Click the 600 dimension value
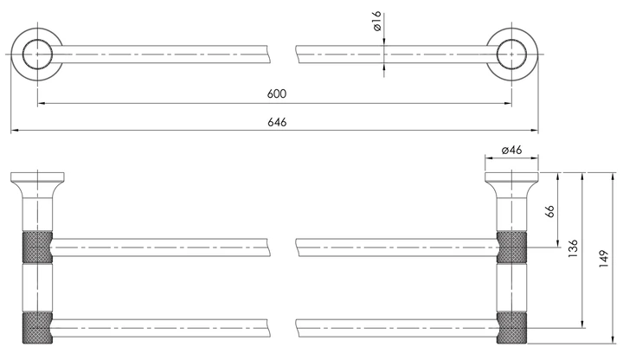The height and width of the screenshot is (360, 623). click(x=277, y=93)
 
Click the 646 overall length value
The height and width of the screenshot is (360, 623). click(x=277, y=122)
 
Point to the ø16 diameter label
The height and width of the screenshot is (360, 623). click(x=376, y=22)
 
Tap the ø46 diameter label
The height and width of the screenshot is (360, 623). click(x=511, y=150)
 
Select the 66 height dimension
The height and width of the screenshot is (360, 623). click(x=550, y=211)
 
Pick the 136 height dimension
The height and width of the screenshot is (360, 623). click(x=573, y=248)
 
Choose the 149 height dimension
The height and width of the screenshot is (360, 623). click(x=604, y=258)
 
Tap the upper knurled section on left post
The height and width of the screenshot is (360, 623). click(x=37, y=247)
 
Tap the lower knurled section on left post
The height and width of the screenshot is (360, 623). click(x=37, y=328)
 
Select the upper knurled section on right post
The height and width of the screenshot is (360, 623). click(x=511, y=247)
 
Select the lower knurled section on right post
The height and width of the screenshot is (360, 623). click(x=511, y=328)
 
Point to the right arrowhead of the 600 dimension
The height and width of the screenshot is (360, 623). click(x=508, y=103)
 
